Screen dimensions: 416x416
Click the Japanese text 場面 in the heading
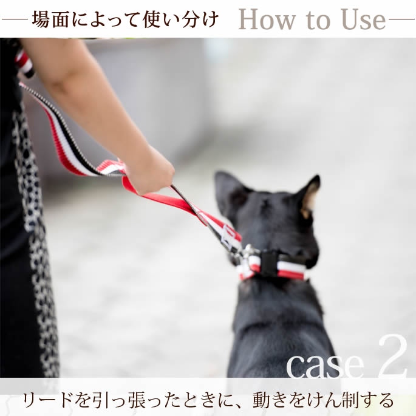coord(49,19)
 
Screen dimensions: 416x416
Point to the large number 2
coord(392,357)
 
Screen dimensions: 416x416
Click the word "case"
coord(324,364)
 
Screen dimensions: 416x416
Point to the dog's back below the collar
coord(276,322)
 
